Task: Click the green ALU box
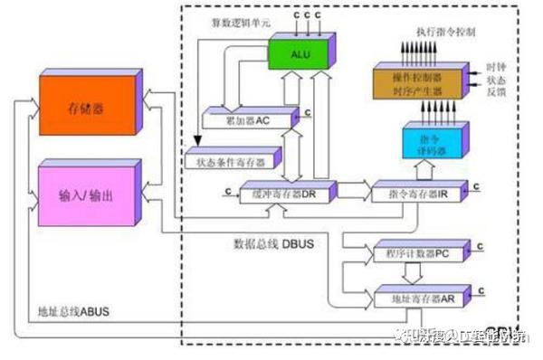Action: click(x=300, y=55)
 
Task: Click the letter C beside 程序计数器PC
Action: click(x=481, y=244)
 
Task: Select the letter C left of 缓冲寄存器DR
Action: click(x=225, y=190)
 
